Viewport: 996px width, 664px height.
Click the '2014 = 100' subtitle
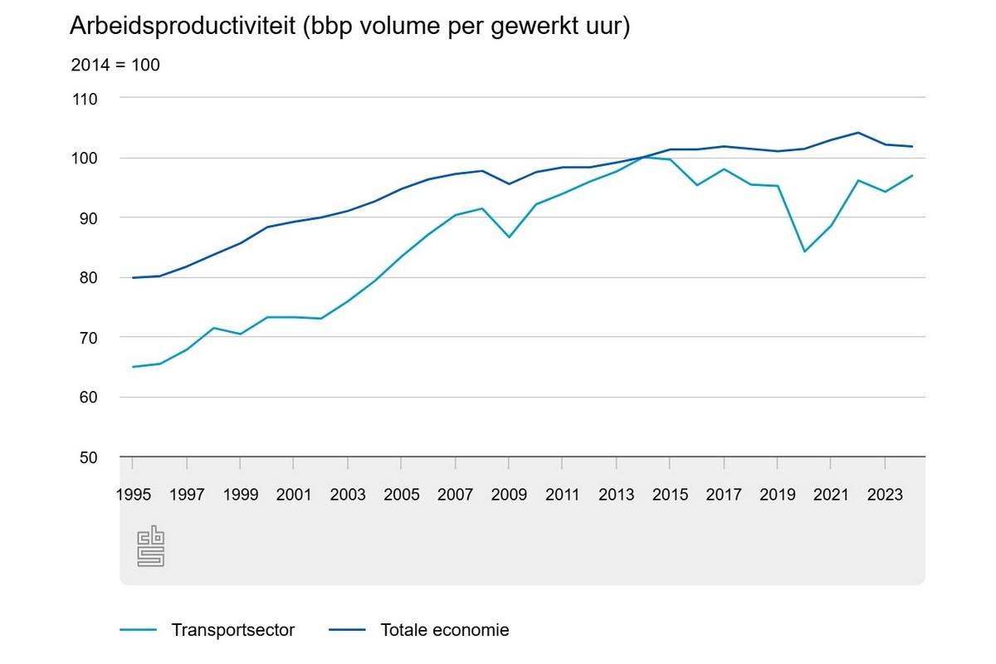(x=115, y=65)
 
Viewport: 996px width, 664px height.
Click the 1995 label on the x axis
(x=133, y=496)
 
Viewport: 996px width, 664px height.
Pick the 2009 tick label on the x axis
(x=509, y=496)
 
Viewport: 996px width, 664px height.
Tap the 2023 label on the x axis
(x=885, y=496)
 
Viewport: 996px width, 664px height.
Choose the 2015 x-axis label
(x=670, y=496)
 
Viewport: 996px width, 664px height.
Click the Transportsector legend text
(x=233, y=630)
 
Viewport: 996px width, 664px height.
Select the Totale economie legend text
(x=444, y=630)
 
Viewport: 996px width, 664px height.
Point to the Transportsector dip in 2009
(x=509, y=237)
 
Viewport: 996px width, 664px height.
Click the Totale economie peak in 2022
(x=857, y=132)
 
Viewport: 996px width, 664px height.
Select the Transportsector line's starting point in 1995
(x=133, y=367)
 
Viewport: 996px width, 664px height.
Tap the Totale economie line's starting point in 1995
(x=133, y=277)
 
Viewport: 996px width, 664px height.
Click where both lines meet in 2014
(x=643, y=158)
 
